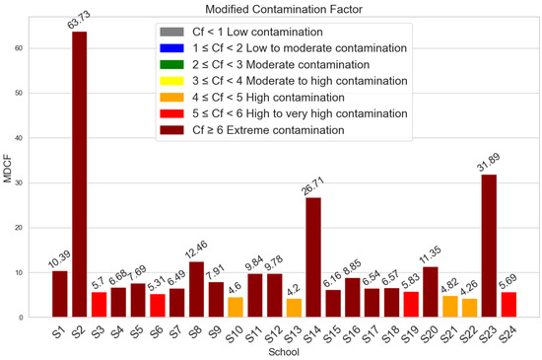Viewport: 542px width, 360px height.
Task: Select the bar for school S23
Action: [489, 247]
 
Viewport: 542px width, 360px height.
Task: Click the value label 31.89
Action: [489, 161]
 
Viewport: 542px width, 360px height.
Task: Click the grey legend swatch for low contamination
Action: [174, 33]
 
